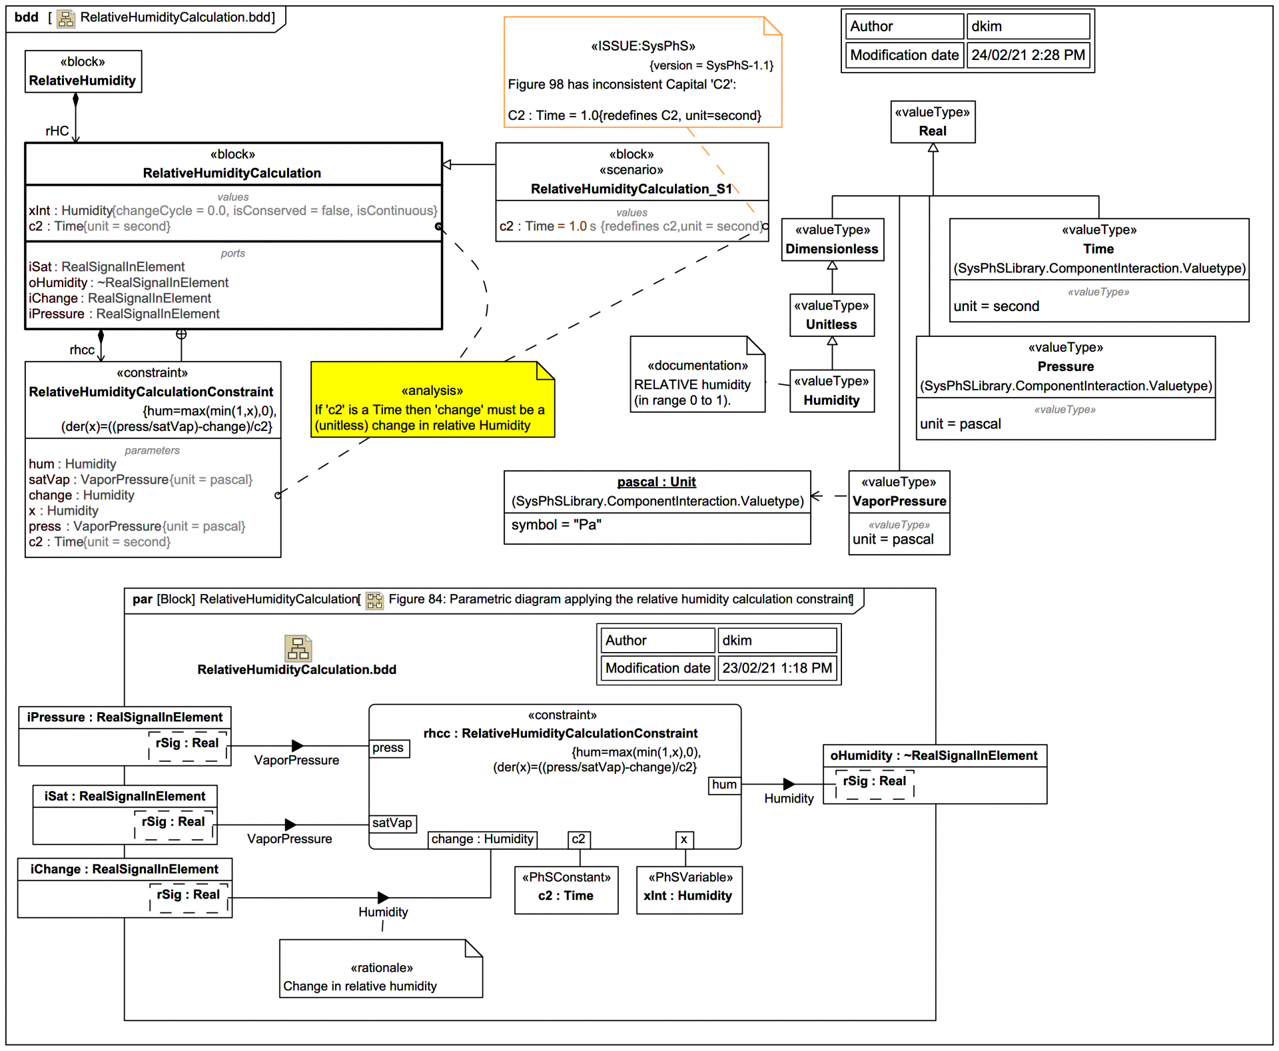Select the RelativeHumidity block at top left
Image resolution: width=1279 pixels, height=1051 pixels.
click(83, 71)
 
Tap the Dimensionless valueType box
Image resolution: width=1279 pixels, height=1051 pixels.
click(832, 240)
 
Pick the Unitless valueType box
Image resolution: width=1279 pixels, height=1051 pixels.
click(832, 316)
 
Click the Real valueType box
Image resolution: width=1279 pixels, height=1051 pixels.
click(933, 122)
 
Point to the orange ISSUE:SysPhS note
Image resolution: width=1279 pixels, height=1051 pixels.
click(642, 73)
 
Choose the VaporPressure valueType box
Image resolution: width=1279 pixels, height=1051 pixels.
click(899, 512)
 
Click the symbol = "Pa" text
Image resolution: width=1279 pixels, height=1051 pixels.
click(557, 525)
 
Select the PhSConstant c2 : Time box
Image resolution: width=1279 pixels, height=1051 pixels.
click(566, 890)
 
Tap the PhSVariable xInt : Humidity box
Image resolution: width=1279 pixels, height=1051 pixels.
click(689, 890)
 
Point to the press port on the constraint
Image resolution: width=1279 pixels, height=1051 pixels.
click(389, 748)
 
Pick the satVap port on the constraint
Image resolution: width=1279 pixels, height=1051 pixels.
click(392, 823)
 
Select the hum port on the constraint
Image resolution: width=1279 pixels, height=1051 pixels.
click(724, 785)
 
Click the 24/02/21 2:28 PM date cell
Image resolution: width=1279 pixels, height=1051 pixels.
click(1028, 55)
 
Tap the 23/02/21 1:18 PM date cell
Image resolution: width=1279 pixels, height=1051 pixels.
click(777, 668)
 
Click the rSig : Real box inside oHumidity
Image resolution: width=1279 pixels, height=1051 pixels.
click(875, 783)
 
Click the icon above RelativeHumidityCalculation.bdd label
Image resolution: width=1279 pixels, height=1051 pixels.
click(298, 648)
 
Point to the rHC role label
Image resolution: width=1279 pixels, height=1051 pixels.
click(57, 131)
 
